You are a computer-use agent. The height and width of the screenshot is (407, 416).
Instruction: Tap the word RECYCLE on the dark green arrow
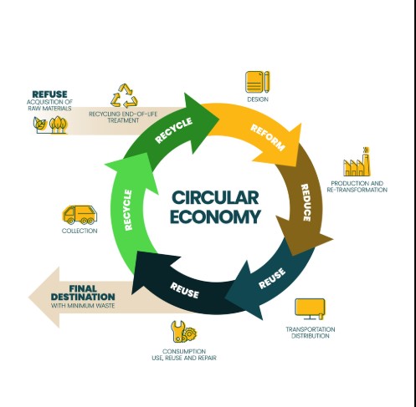tap(173, 130)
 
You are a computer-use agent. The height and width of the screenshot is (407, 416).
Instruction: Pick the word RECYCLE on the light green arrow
tap(128, 210)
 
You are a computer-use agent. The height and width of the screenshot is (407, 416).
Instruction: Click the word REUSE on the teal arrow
tap(272, 278)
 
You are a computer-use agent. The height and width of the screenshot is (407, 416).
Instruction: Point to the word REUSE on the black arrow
tap(184, 290)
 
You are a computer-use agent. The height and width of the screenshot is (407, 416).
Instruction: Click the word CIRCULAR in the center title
tap(215, 197)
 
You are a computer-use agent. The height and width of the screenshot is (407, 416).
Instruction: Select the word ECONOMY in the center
tap(215, 216)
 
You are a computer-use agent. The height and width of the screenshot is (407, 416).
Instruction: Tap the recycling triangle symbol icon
tap(124, 96)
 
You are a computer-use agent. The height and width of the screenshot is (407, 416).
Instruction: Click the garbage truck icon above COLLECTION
tap(80, 215)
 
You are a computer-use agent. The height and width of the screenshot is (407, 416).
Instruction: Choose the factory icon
tap(357, 162)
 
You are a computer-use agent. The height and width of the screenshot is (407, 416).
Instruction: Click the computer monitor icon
tap(311, 309)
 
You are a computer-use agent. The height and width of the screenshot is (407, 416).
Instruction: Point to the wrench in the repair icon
tap(178, 332)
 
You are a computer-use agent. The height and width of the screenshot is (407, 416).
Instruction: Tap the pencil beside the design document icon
tap(267, 82)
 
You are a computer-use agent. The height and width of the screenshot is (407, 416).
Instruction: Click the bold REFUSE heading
tap(49, 94)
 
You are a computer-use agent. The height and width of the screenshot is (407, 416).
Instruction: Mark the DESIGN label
tap(258, 99)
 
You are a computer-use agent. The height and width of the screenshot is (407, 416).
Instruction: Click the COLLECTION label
tap(80, 231)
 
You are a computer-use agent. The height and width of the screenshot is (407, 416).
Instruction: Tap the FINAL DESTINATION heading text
tap(83, 293)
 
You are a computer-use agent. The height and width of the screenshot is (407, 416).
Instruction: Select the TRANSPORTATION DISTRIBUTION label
tap(311, 333)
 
